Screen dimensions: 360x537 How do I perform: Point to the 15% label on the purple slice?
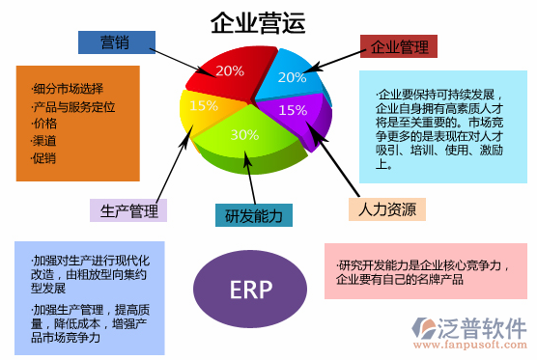coord(293,109)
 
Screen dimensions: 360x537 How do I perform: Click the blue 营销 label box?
coord(115,42)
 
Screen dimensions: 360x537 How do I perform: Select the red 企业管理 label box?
coord(400,45)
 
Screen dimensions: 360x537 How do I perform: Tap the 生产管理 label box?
coord(128,209)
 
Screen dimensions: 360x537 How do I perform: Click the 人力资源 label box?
coord(386,209)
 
